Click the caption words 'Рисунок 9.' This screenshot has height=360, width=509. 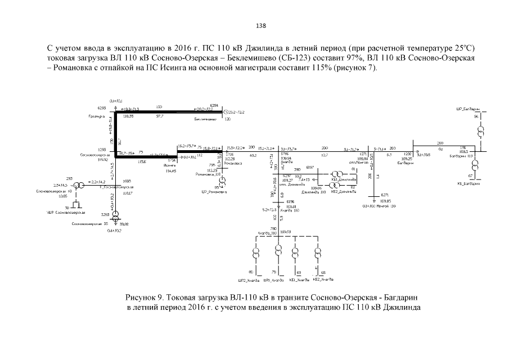[x=147, y=296]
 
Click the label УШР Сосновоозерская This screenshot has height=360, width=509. [x=61, y=212]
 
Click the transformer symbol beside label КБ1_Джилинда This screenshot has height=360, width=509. [x=335, y=174]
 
